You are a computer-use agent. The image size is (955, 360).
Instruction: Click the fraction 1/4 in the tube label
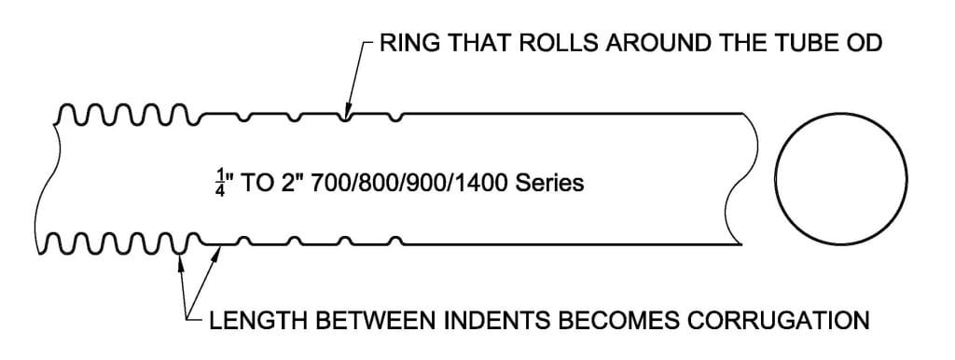click(220, 182)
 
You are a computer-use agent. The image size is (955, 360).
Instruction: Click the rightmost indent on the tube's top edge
click(399, 118)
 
